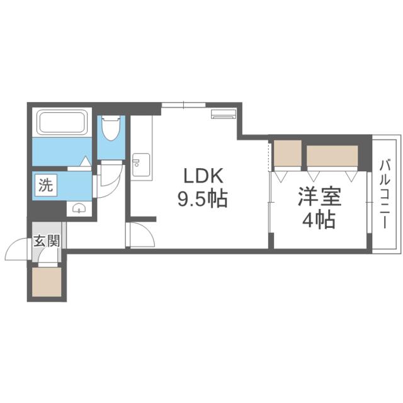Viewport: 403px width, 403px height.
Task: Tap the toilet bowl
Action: coord(111,129)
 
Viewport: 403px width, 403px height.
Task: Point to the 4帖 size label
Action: coord(320,221)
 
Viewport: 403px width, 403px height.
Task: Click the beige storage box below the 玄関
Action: coord(47,281)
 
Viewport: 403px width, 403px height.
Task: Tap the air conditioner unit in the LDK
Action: coord(224,114)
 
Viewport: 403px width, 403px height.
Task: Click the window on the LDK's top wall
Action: coord(183,105)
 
